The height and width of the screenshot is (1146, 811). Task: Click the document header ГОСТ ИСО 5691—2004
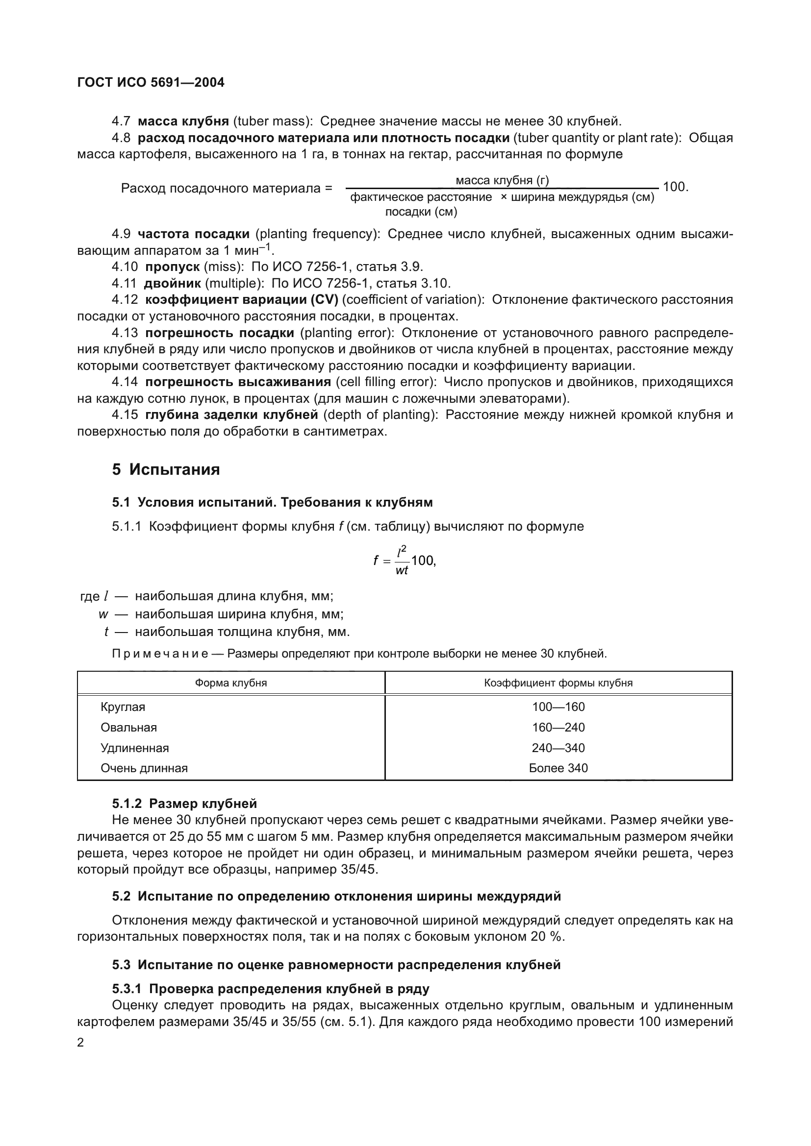pyautogui.click(x=151, y=83)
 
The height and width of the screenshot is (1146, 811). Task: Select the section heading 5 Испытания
pyautogui.click(x=166, y=469)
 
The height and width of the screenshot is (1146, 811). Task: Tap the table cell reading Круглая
pyautogui.click(x=123, y=707)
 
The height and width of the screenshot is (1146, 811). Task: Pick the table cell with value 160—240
pyautogui.click(x=558, y=727)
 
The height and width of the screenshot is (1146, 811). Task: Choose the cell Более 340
pyautogui.click(x=558, y=768)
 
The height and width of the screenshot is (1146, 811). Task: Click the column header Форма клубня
pyautogui.click(x=231, y=683)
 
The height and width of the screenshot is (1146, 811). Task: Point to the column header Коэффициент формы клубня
pyautogui.click(x=558, y=683)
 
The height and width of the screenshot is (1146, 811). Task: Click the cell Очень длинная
pyautogui.click(x=144, y=768)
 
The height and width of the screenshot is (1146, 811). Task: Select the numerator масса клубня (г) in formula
pyautogui.click(x=502, y=180)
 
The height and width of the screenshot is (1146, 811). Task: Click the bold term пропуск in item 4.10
pyautogui.click(x=172, y=267)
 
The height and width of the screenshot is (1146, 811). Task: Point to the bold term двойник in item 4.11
pyautogui.click(x=172, y=283)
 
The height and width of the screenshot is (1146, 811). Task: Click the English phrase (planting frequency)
pyautogui.click(x=318, y=234)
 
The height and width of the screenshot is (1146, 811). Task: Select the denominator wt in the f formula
pyautogui.click(x=402, y=570)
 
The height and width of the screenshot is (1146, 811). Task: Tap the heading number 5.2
pyautogui.click(x=121, y=897)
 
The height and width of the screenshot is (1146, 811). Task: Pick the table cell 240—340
pyautogui.click(x=558, y=748)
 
